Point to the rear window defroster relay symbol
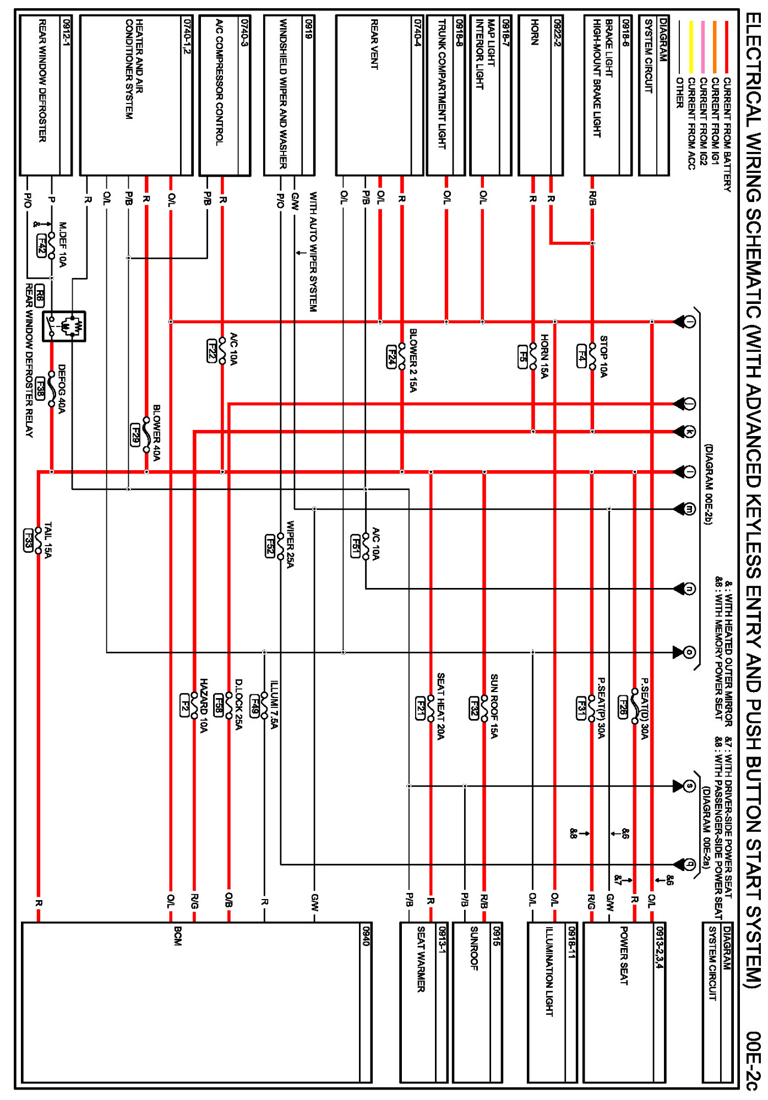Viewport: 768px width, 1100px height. click(65, 326)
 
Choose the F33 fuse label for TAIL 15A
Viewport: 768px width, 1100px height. click(28, 540)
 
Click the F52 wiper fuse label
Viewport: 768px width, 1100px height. click(270, 545)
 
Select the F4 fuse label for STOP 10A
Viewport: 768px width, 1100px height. click(581, 356)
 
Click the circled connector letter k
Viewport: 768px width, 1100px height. click(690, 432)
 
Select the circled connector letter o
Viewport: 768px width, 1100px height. click(690, 652)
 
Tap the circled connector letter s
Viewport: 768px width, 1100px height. click(690, 786)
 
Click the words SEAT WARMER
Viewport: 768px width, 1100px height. click(421, 959)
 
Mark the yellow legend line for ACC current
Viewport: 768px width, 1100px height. click(691, 47)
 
